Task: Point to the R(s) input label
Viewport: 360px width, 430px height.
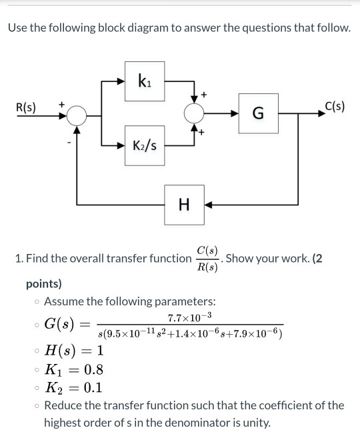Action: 27,107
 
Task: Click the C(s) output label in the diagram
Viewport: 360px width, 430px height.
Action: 333,105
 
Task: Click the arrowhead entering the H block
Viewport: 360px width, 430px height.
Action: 207,204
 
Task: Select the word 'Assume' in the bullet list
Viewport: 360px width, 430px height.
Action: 63,301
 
